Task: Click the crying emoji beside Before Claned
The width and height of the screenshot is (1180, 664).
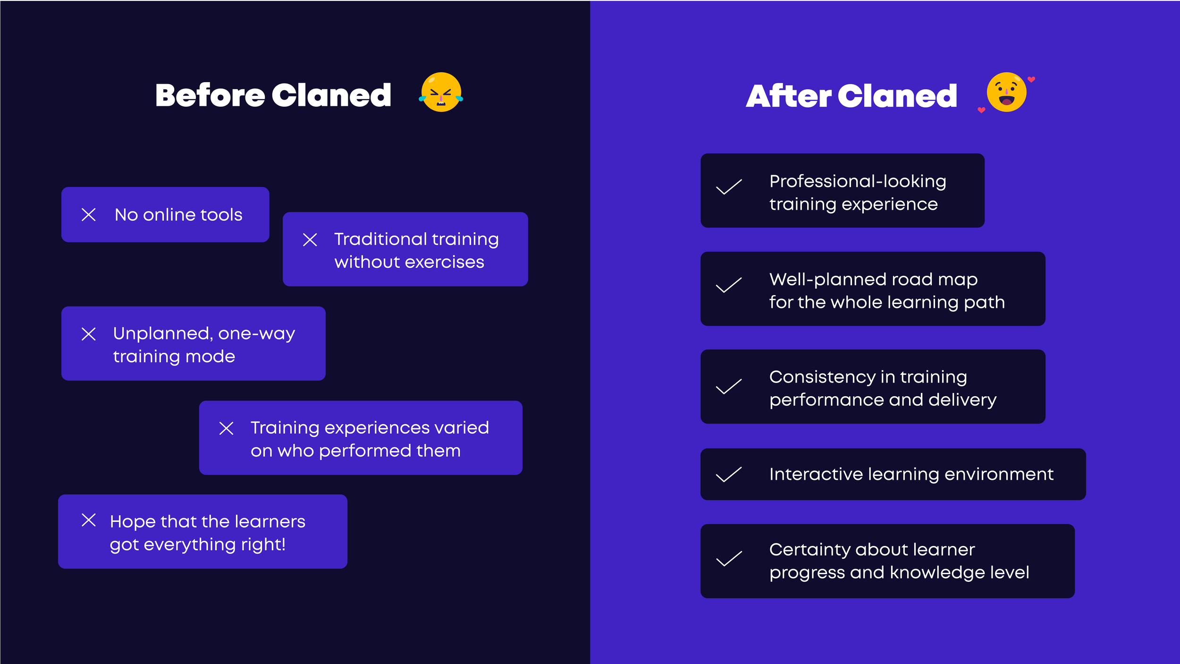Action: (x=441, y=92)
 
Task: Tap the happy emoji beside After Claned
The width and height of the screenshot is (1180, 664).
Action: (x=1006, y=92)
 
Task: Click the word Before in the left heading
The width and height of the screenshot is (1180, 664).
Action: (x=210, y=95)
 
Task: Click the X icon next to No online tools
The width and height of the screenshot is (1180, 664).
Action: (x=89, y=215)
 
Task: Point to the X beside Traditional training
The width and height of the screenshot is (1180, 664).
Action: (x=310, y=240)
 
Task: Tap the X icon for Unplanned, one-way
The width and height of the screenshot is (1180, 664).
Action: (x=89, y=334)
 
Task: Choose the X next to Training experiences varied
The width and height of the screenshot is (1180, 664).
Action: (x=227, y=429)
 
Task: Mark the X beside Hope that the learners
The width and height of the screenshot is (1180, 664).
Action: (x=89, y=520)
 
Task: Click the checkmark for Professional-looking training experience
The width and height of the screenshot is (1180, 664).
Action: (x=729, y=187)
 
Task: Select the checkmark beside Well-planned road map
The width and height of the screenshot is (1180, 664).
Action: (x=729, y=285)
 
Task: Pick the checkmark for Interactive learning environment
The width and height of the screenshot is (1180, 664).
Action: (x=729, y=475)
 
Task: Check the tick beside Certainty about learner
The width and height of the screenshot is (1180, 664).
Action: (x=729, y=559)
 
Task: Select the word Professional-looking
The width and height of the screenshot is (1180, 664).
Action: (x=858, y=181)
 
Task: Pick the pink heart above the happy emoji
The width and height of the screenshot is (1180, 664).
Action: (x=1031, y=79)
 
